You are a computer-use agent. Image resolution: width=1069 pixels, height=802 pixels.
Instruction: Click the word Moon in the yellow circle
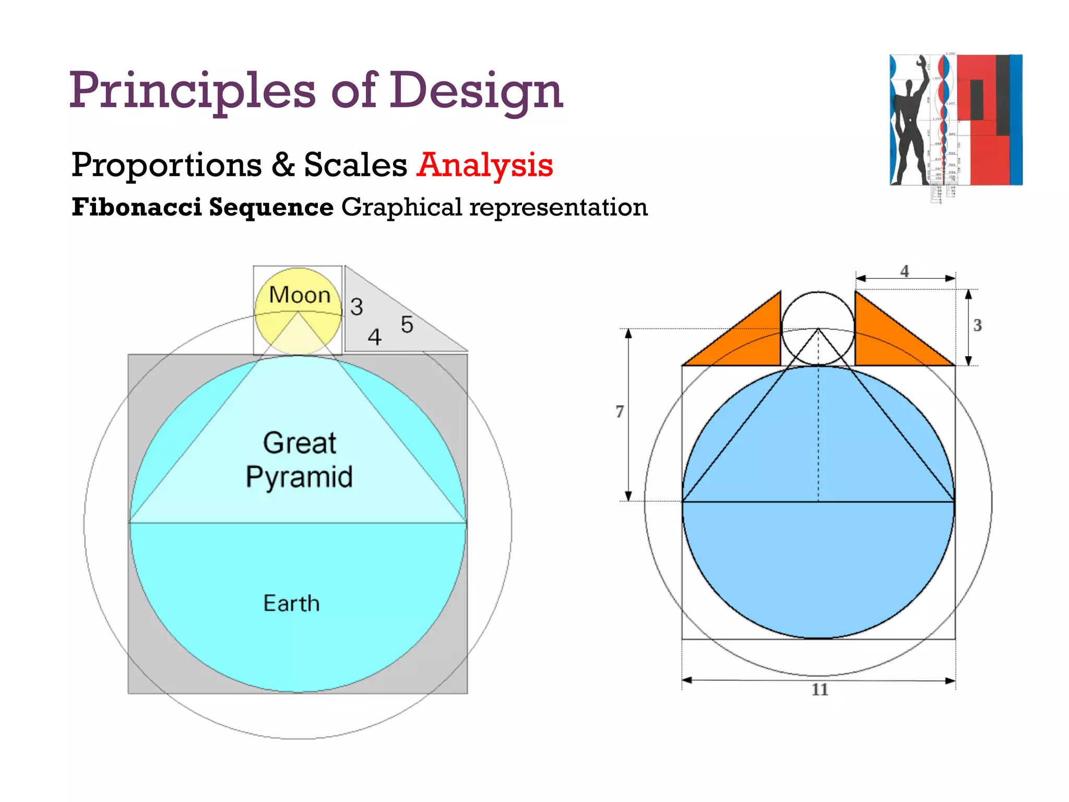click(x=300, y=295)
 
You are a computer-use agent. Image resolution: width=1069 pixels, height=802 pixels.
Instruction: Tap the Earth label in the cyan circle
click(x=291, y=604)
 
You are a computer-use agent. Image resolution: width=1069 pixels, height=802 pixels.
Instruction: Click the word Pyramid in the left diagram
click(x=299, y=477)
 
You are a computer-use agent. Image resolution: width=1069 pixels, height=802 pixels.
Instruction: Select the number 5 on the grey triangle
click(x=407, y=325)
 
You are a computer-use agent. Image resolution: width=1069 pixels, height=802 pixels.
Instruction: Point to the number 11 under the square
click(x=820, y=690)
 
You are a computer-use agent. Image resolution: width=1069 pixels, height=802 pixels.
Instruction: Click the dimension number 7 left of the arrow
click(x=620, y=411)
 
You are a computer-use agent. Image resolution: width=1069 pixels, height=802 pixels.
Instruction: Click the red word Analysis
click(x=485, y=165)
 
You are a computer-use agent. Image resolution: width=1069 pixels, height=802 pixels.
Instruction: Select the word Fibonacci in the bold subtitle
click(x=137, y=207)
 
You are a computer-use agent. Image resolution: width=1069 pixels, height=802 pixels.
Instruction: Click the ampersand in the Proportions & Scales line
click(x=283, y=165)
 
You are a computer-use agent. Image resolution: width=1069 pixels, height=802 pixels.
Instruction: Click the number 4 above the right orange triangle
click(x=905, y=271)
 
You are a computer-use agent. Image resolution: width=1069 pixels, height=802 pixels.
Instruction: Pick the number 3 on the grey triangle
click(x=357, y=307)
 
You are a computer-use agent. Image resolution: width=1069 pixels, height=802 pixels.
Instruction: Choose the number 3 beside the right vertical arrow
click(x=977, y=325)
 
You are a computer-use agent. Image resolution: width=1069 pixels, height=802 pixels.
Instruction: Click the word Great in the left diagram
click(x=300, y=443)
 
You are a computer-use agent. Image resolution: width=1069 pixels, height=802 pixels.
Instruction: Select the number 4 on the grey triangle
click(x=375, y=337)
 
